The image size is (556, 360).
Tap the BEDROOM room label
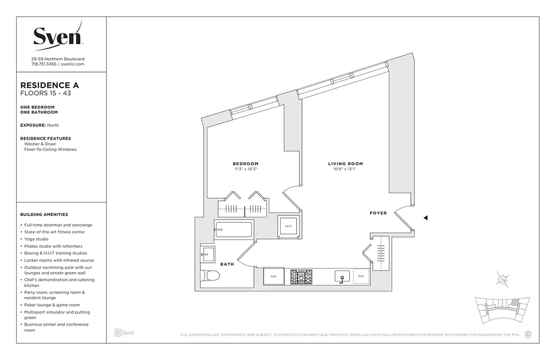tap(245, 163)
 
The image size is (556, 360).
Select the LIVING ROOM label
tap(345, 164)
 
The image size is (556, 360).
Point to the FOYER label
tap(378, 213)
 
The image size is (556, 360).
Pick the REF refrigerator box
tap(274, 277)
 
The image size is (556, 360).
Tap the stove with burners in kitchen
tap(301, 277)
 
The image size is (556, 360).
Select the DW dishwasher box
tap(361, 277)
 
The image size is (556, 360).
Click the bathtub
tap(234, 230)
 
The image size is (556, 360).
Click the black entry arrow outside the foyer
tap(426, 218)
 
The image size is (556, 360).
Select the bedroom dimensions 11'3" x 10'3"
tap(245, 169)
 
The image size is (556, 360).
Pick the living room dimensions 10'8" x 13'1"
tap(345, 170)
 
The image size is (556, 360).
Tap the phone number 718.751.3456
tap(44, 64)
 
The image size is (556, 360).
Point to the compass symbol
tap(502, 279)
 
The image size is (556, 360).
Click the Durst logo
tap(124, 333)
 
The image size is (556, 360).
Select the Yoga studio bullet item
tap(40, 239)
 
